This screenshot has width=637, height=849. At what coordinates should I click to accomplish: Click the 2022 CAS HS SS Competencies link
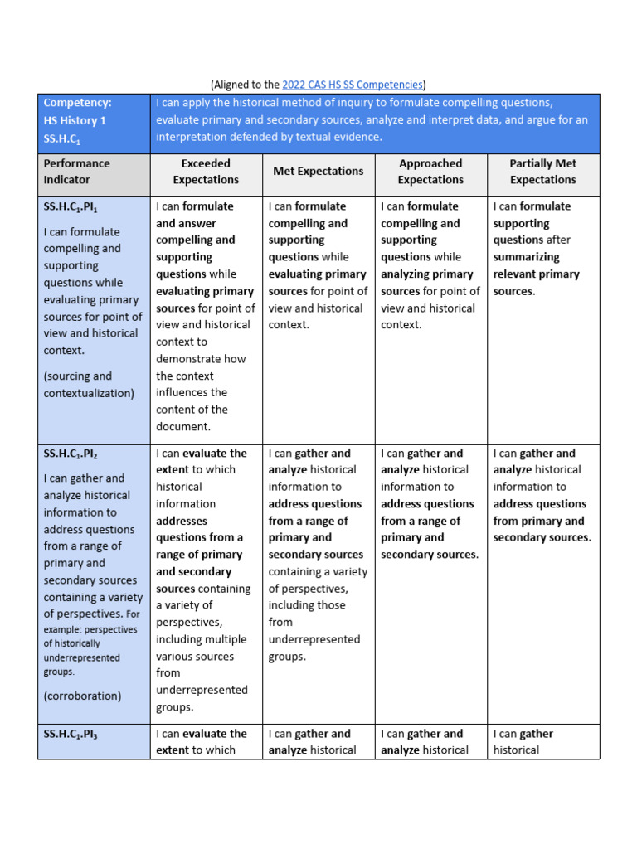(353, 84)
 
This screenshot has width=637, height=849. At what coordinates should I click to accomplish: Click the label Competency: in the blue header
(77, 103)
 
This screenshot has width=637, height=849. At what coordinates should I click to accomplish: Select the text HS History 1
(75, 120)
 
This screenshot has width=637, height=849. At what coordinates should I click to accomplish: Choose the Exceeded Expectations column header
(206, 171)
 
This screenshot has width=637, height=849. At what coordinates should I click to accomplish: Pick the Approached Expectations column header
(430, 171)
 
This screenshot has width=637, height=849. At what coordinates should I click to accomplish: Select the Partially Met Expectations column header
(542, 171)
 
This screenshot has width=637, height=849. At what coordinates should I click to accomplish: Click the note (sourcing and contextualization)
(89, 385)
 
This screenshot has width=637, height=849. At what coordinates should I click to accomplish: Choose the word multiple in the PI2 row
(225, 639)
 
